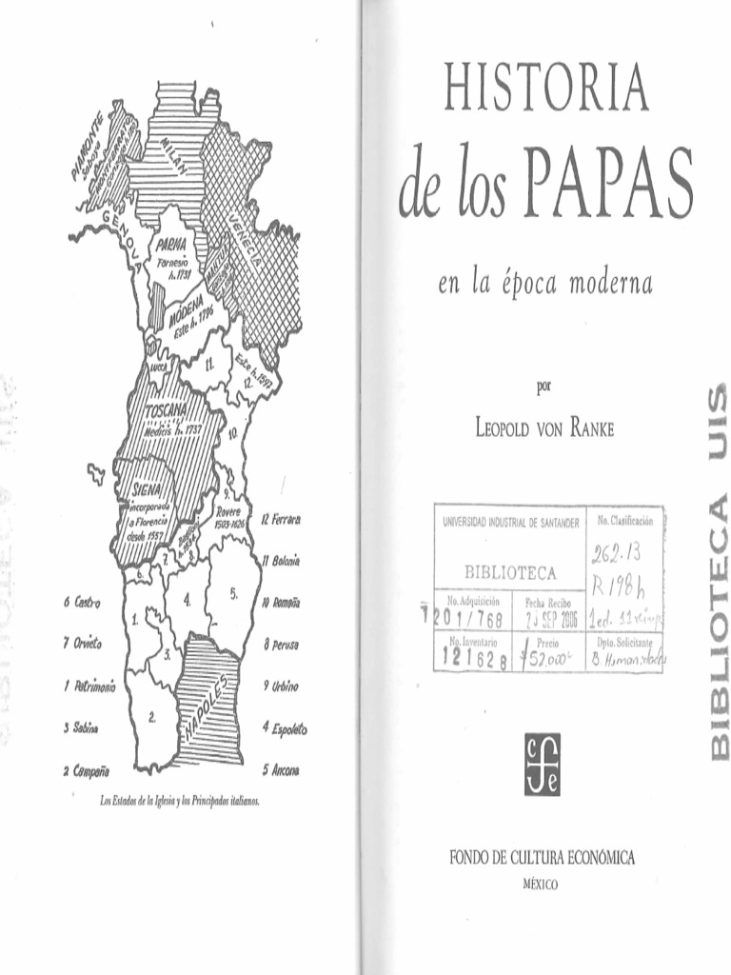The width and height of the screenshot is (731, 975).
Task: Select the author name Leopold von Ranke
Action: pos(544,428)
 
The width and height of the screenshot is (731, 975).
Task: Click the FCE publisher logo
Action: pos(542,765)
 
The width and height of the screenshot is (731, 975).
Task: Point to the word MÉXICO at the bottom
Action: pos(542,885)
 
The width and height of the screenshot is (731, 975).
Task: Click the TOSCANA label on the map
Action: pos(168,411)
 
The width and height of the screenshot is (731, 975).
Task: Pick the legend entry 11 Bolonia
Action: pos(281,562)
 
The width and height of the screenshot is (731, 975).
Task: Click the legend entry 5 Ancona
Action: pos(281,769)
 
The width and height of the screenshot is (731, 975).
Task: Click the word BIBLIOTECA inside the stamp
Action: pos(509,573)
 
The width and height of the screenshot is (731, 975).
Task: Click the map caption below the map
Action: pos(180,800)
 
